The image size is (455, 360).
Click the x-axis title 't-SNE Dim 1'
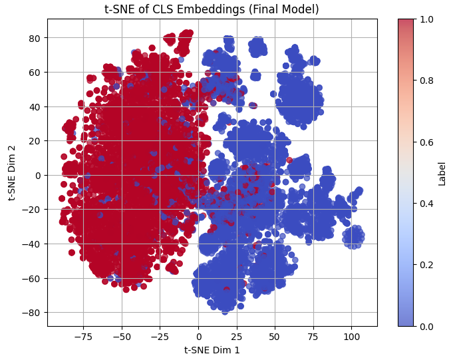point(212,349)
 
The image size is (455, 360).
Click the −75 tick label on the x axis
point(83,336)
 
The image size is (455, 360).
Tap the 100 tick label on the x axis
point(351,336)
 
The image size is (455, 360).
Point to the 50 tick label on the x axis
point(275,336)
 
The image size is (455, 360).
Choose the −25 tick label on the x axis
point(160,336)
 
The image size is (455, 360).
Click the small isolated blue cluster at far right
point(353,236)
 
